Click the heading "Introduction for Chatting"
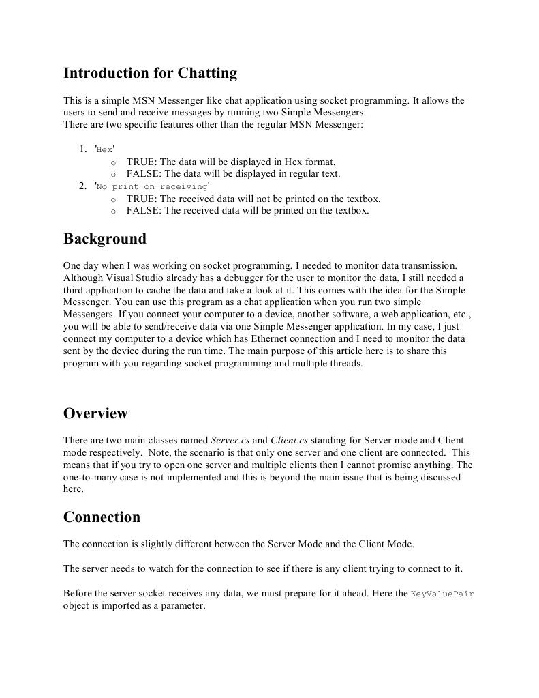[x=150, y=73]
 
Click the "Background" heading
[x=104, y=239]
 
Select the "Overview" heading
[x=95, y=413]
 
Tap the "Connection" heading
[x=102, y=517]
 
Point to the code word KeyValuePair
[x=442, y=594]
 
